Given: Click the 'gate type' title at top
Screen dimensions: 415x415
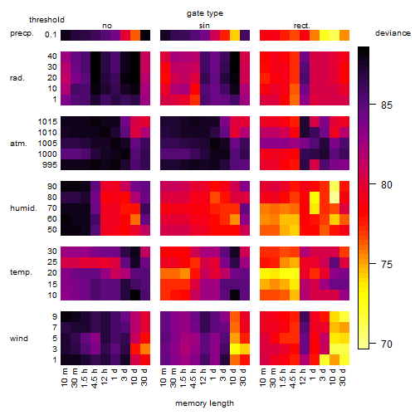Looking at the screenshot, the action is pyautogui.click(x=205, y=13).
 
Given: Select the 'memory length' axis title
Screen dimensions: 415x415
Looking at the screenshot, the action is pyautogui.click(x=204, y=403).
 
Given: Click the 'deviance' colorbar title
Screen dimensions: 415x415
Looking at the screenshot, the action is pyautogui.click(x=393, y=33).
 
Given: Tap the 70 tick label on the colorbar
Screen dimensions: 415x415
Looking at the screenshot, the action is pyautogui.click(x=386, y=344).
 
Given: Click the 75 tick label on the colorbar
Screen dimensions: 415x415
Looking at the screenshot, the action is pyautogui.click(x=386, y=264).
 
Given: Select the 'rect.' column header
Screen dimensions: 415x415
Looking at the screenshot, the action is pyautogui.click(x=302, y=26).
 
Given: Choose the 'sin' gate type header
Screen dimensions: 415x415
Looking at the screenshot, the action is pyautogui.click(x=204, y=26).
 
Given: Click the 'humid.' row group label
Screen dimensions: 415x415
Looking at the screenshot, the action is pyautogui.click(x=23, y=208).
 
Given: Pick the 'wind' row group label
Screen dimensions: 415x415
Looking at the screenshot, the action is pyautogui.click(x=19, y=339).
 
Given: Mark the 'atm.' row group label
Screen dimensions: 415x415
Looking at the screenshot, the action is pyautogui.click(x=18, y=144).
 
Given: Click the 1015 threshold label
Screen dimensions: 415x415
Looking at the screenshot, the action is pyautogui.click(x=47, y=121).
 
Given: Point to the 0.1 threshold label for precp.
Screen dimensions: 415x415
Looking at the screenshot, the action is pyautogui.click(x=51, y=35).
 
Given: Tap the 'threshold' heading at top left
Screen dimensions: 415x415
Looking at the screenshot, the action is pyautogui.click(x=46, y=20).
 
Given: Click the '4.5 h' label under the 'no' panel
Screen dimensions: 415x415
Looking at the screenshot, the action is pyautogui.click(x=95, y=378).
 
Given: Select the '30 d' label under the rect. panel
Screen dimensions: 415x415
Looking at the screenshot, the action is pyautogui.click(x=343, y=377).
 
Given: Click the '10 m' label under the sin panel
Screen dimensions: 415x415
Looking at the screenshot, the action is pyautogui.click(x=164, y=377).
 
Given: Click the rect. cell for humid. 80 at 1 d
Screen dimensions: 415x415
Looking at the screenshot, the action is pyautogui.click(x=315, y=198).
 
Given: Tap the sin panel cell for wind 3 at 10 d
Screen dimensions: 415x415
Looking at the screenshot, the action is pyautogui.click(x=235, y=349).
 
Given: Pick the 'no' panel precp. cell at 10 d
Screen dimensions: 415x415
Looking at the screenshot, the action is pyautogui.click(x=135, y=35).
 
